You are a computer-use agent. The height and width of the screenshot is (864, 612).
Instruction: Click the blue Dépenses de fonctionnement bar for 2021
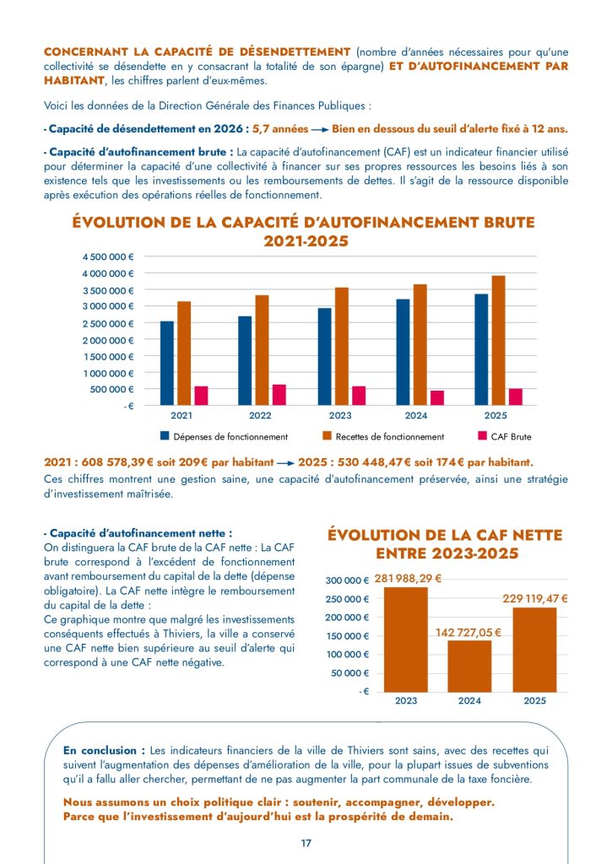(167, 363)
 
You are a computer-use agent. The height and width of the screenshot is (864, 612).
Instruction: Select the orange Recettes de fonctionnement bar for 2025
(498, 341)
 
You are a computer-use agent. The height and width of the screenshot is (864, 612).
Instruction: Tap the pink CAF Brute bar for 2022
(279, 395)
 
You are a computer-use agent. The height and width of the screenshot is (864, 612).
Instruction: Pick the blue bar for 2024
(403, 352)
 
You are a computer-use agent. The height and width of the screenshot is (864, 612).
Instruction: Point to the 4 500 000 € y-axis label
(108, 256)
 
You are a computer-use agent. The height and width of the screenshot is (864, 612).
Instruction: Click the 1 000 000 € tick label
(109, 373)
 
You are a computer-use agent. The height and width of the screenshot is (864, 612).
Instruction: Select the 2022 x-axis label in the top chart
(260, 415)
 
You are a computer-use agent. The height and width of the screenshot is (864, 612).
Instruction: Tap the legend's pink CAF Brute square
(482, 436)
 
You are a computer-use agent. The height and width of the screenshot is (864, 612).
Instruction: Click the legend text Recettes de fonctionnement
(390, 437)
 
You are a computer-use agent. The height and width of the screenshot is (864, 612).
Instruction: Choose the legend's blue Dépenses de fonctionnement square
(165, 436)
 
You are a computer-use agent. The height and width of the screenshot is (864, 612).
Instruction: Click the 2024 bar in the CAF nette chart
(469, 667)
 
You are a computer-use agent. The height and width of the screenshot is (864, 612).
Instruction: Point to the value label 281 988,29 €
(408, 579)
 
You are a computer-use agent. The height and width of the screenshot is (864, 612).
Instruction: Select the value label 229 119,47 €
(535, 598)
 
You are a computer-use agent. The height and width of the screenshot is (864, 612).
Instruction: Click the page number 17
(306, 843)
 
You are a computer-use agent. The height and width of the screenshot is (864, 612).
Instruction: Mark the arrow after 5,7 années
(320, 130)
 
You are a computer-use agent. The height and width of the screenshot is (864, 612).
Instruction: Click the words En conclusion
(100, 750)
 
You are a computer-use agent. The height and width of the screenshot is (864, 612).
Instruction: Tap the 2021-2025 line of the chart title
(306, 241)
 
